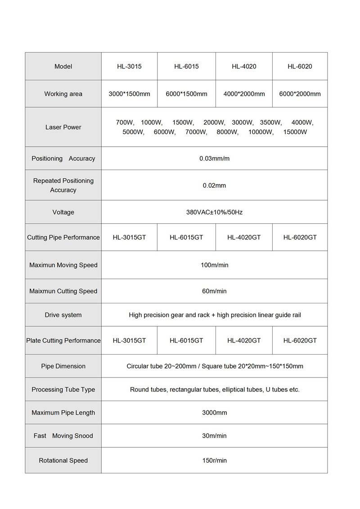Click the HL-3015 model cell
(129, 67)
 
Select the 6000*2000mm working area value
(300, 94)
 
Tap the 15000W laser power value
(295, 132)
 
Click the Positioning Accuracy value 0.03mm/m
(214, 158)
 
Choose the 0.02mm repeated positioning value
(214, 185)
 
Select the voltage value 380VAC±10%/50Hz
(214, 212)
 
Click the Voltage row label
(63, 212)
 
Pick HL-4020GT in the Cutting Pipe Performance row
(244, 237)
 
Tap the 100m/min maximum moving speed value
(214, 265)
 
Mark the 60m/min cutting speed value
(214, 291)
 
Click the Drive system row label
(63, 315)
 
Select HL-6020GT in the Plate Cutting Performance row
(300, 340)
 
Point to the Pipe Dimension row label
(63, 366)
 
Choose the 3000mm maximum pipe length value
(214, 413)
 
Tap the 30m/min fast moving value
(214, 436)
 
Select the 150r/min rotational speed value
(214, 460)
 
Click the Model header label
(63, 67)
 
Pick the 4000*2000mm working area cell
(244, 94)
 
